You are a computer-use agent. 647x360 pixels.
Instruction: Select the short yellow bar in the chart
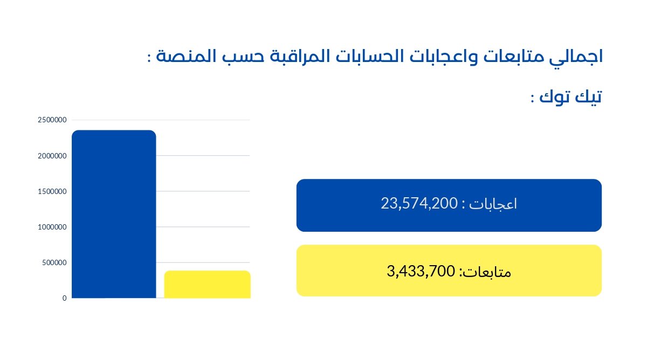(207, 284)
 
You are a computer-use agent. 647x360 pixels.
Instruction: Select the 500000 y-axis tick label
(54, 262)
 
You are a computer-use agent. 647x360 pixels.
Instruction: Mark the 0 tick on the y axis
(64, 298)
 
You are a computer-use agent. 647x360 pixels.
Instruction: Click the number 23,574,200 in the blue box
(418, 204)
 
